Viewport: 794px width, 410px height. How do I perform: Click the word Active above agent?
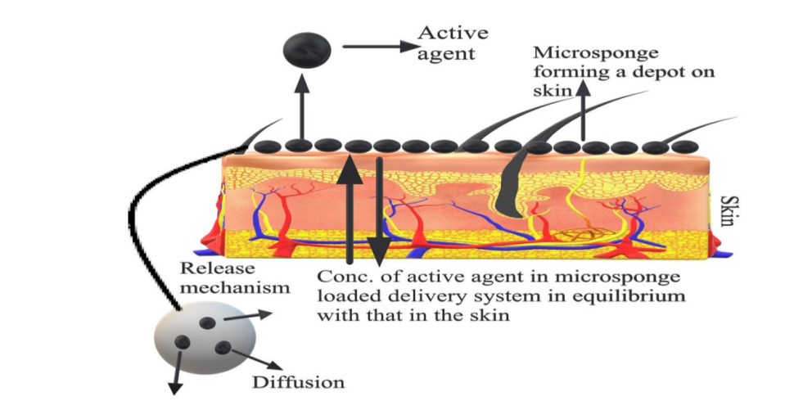[453, 33]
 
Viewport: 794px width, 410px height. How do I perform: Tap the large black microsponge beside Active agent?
[307, 50]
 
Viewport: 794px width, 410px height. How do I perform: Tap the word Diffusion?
[298, 381]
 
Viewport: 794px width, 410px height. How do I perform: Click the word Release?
[218, 268]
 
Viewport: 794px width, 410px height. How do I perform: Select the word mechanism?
[236, 287]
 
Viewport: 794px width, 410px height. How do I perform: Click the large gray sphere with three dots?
[205, 337]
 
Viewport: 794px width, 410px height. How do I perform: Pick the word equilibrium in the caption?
[631, 295]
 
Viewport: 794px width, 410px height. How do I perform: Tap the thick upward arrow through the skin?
[350, 210]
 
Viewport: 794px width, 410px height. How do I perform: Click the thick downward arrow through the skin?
[379, 213]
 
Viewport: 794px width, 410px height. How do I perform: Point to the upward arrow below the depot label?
[584, 110]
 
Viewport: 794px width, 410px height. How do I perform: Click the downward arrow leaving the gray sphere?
[177, 372]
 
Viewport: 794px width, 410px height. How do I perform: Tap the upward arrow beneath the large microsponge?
[302, 106]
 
